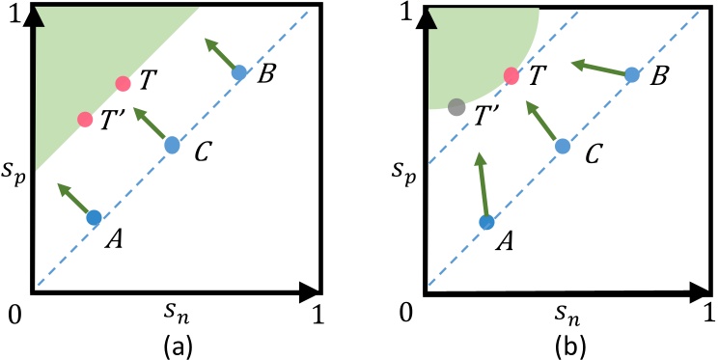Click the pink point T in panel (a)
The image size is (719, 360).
(123, 84)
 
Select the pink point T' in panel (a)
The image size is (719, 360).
(85, 120)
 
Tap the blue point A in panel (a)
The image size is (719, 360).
(94, 217)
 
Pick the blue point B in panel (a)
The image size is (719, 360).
(239, 72)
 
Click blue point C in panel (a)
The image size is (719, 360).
(172, 146)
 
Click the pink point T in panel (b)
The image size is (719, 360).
(512, 76)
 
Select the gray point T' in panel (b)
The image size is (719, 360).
(456, 107)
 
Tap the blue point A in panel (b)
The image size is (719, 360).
(487, 222)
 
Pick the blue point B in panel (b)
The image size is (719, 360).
(631, 74)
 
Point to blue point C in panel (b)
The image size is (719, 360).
(563, 146)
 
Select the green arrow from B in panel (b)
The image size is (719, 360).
(599, 69)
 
